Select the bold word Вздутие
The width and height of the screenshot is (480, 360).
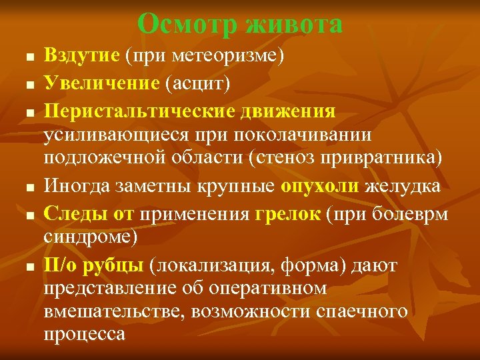coord(83,55)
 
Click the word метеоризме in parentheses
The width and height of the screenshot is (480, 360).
coord(229,55)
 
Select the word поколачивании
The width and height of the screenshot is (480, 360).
coord(303,134)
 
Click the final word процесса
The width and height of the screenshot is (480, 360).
coord(85,333)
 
